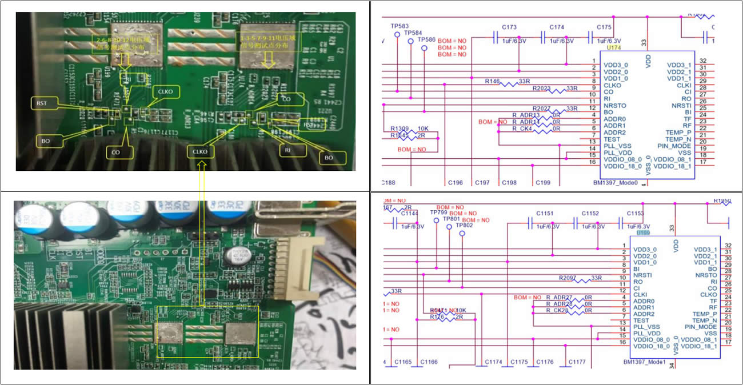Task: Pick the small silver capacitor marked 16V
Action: (x=234, y=255)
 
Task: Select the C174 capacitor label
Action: (x=557, y=27)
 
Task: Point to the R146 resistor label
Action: (x=492, y=82)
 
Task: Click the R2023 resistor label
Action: (x=542, y=89)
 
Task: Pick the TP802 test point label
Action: (x=464, y=226)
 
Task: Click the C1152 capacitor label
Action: (x=590, y=213)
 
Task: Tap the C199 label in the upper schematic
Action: (x=542, y=183)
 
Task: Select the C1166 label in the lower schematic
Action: (x=429, y=362)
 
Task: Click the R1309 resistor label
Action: (x=400, y=129)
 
